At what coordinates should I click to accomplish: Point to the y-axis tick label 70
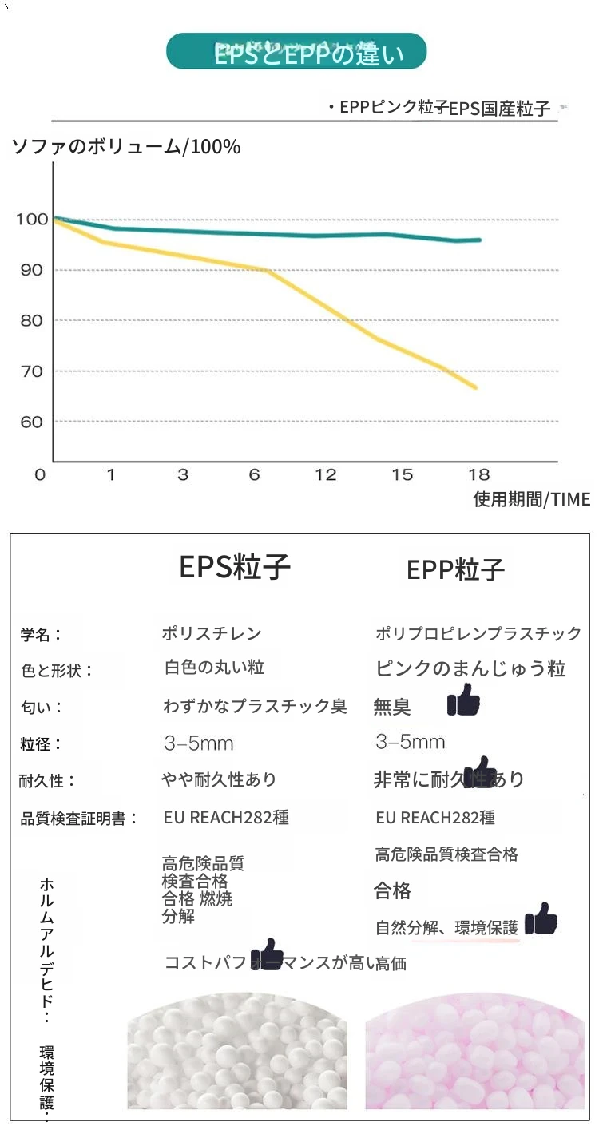pyautogui.click(x=31, y=371)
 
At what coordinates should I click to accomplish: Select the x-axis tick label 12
pyautogui.click(x=326, y=475)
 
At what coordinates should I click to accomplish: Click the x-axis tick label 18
pyautogui.click(x=478, y=475)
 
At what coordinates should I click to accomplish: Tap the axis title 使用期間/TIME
pyautogui.click(x=531, y=500)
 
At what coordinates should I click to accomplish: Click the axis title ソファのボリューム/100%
pyautogui.click(x=126, y=147)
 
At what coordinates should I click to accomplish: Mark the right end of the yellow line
pyautogui.click(x=476, y=387)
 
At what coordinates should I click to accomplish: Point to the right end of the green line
pyautogui.click(x=479, y=240)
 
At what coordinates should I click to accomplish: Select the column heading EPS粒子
pyautogui.click(x=235, y=567)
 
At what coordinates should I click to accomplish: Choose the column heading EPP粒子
pyautogui.click(x=455, y=569)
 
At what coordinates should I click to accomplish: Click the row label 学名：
pyautogui.click(x=41, y=636)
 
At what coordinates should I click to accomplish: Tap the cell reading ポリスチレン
pyautogui.click(x=212, y=634)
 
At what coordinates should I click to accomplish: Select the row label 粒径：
pyautogui.click(x=41, y=744)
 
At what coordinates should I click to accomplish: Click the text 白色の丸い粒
pyautogui.click(x=213, y=668)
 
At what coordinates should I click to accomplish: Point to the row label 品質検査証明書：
pyautogui.click(x=79, y=819)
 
